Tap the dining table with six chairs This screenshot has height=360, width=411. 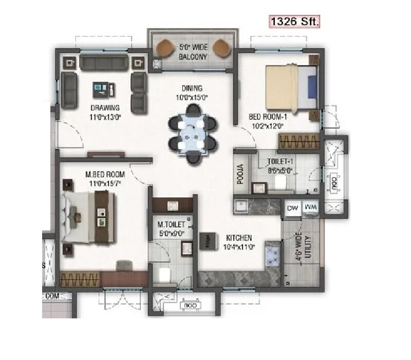click(x=193, y=133)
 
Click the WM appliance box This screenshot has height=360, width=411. click(x=310, y=207)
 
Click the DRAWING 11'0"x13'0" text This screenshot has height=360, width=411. click(x=105, y=112)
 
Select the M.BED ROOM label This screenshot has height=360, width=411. click(x=105, y=179)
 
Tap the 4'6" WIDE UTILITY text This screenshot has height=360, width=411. click(x=304, y=250)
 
